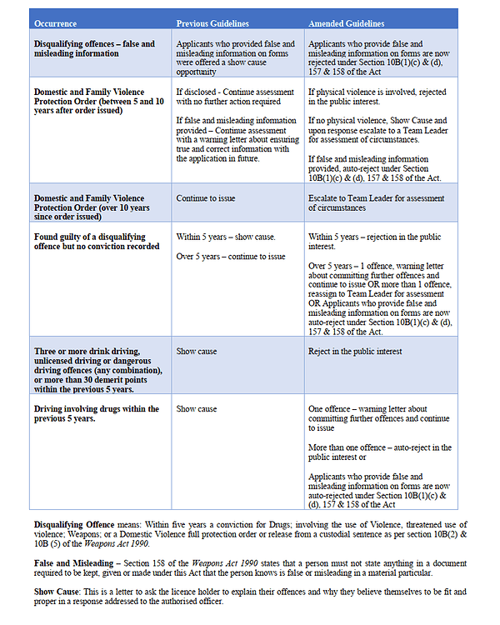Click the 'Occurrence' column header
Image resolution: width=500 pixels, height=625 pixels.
56,22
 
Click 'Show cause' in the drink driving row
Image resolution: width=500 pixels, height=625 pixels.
197,351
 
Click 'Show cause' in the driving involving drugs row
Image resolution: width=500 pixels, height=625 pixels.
197,409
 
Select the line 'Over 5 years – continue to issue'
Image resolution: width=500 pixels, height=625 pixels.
231,257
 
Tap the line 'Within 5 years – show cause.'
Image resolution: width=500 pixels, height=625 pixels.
226,237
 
